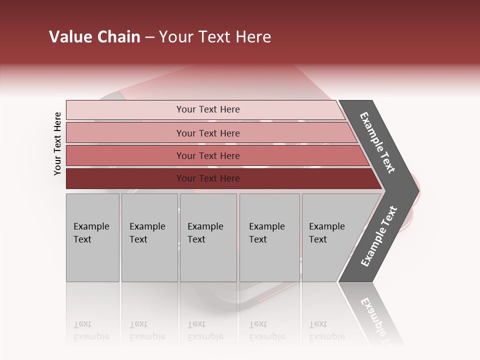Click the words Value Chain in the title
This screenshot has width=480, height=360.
[x=94, y=37]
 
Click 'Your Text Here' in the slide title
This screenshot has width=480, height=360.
[x=215, y=37]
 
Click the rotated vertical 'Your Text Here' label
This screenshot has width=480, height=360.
[x=57, y=143]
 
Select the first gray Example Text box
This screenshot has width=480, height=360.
[x=92, y=237]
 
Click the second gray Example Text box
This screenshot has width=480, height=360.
[x=149, y=237]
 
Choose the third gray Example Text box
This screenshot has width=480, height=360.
[x=208, y=237]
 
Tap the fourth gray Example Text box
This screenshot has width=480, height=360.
[x=269, y=237]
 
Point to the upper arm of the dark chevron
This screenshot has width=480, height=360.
[x=377, y=143]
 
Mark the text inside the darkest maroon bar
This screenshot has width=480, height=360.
[x=208, y=178]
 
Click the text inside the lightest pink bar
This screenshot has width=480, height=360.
[x=208, y=109]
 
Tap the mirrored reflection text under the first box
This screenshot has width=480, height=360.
[x=91, y=330]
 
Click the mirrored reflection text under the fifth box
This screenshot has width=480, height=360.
[x=326, y=330]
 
